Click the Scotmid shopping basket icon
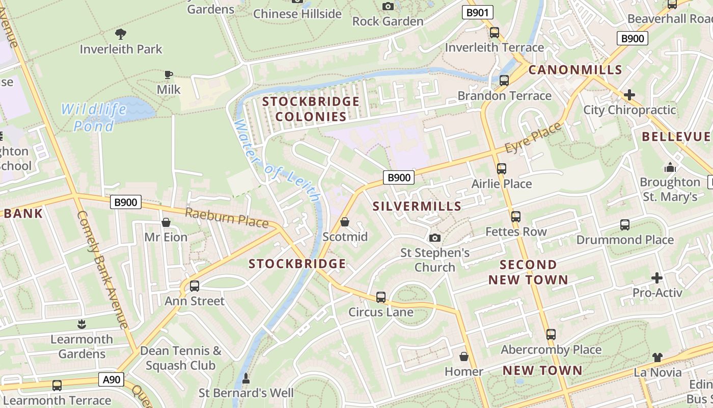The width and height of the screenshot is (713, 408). pos(345,222)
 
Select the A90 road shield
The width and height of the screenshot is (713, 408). pos(112,379)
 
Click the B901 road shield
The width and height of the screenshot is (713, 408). pos(477,13)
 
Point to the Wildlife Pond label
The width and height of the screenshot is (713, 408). pos(94,117)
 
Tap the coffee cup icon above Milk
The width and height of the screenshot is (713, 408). pos(169,75)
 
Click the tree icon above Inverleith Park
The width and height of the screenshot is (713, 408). pos(121,34)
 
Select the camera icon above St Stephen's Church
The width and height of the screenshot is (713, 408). pos(435,238)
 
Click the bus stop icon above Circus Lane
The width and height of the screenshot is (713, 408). pos(381,297)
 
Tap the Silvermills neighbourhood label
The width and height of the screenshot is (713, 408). pos(417,207)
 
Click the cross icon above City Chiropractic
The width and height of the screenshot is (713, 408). pos(629,95)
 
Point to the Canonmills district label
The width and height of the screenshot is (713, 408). pos(575,70)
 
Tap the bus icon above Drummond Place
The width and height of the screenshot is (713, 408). pos(625,224)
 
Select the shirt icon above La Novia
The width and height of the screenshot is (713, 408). pos(657,358)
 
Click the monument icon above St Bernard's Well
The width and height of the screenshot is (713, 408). pos(246,378)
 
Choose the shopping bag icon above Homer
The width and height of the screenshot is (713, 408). pos(464,356)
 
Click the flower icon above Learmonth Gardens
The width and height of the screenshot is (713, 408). pos(81,324)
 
